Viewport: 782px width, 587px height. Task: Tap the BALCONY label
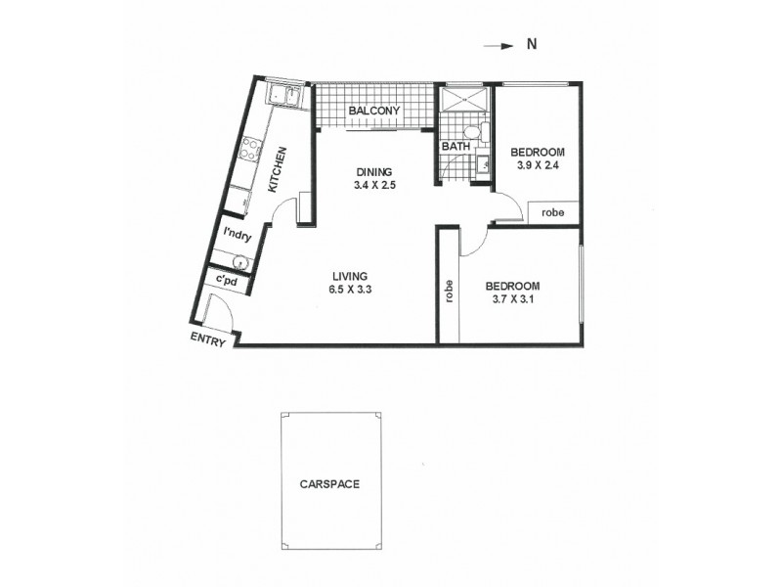tap(374, 112)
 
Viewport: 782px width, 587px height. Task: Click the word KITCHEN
tap(278, 168)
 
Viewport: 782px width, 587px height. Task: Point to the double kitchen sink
tap(284, 96)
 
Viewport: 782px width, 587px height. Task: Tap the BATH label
tap(456, 147)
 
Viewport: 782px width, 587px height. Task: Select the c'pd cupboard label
tap(228, 282)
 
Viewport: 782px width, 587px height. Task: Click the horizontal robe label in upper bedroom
tap(553, 211)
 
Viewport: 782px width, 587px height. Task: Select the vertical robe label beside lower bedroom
tap(449, 292)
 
